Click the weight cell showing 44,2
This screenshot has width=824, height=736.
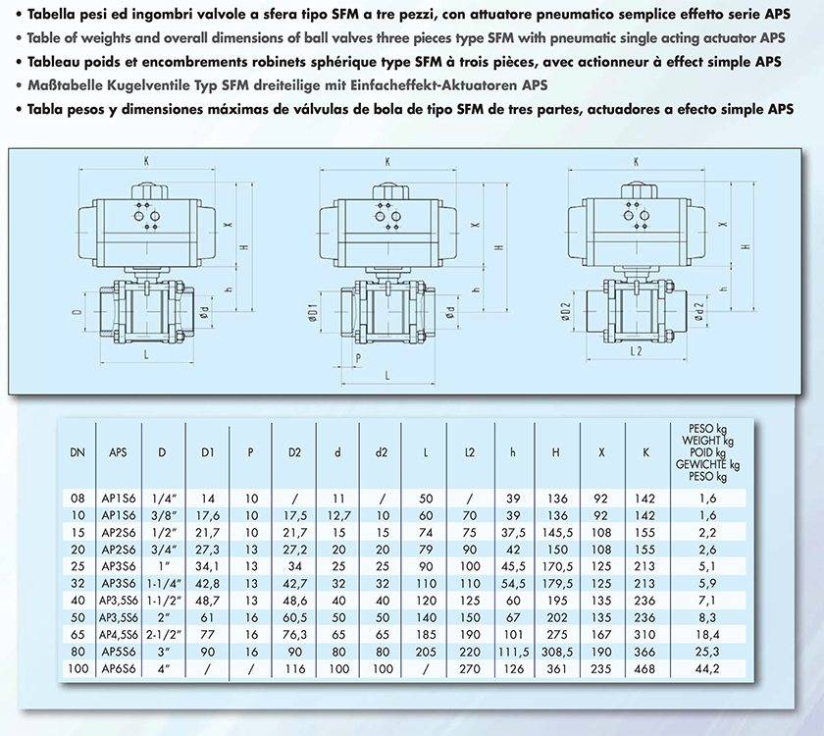click(707, 668)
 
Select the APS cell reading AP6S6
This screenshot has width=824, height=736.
click(119, 668)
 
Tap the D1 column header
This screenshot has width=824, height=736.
click(208, 452)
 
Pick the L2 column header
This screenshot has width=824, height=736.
click(469, 452)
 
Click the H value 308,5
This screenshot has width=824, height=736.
click(557, 652)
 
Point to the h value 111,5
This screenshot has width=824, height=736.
click(513, 652)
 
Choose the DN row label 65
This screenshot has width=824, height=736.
click(77, 635)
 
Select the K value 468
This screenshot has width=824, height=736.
click(644, 668)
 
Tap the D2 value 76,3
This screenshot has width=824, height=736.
click(294, 635)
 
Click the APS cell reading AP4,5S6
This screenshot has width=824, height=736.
click(119, 635)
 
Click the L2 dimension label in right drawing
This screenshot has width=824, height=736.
click(636, 350)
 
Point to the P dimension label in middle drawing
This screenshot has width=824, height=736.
click(358, 358)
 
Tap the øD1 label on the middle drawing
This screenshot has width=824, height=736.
click(313, 313)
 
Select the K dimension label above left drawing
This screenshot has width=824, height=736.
click(146, 161)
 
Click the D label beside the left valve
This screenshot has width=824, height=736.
click(77, 312)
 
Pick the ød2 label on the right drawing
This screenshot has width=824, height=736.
click(698, 311)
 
